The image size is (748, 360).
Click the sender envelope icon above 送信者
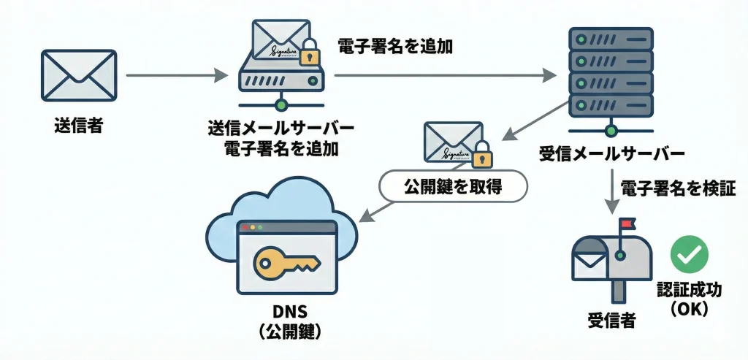[78, 76]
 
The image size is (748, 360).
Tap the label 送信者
[78, 126]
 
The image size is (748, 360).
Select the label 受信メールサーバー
[611, 154]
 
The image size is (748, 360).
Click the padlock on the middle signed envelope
[481, 155]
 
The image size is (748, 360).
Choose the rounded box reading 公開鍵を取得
[453, 187]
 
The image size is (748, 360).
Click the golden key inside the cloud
[285, 261]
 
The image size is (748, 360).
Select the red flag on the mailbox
[627, 221]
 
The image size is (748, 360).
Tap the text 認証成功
[689, 290]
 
